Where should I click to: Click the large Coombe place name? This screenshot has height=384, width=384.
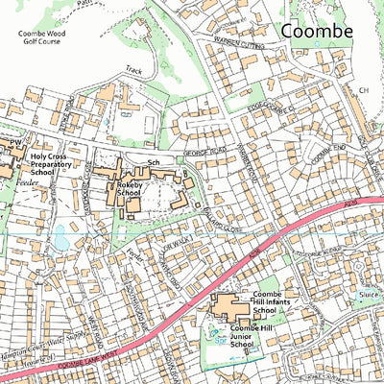click(317, 31)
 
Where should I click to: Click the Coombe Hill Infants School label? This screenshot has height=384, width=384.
click(279, 304)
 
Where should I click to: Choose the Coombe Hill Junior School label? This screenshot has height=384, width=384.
click(276, 336)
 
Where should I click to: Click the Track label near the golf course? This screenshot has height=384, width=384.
click(133, 70)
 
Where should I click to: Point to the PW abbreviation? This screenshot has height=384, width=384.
click(15, 142)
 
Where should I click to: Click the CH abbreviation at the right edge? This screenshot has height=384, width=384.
click(364, 90)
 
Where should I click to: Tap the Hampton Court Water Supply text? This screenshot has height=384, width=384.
click(43, 332)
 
